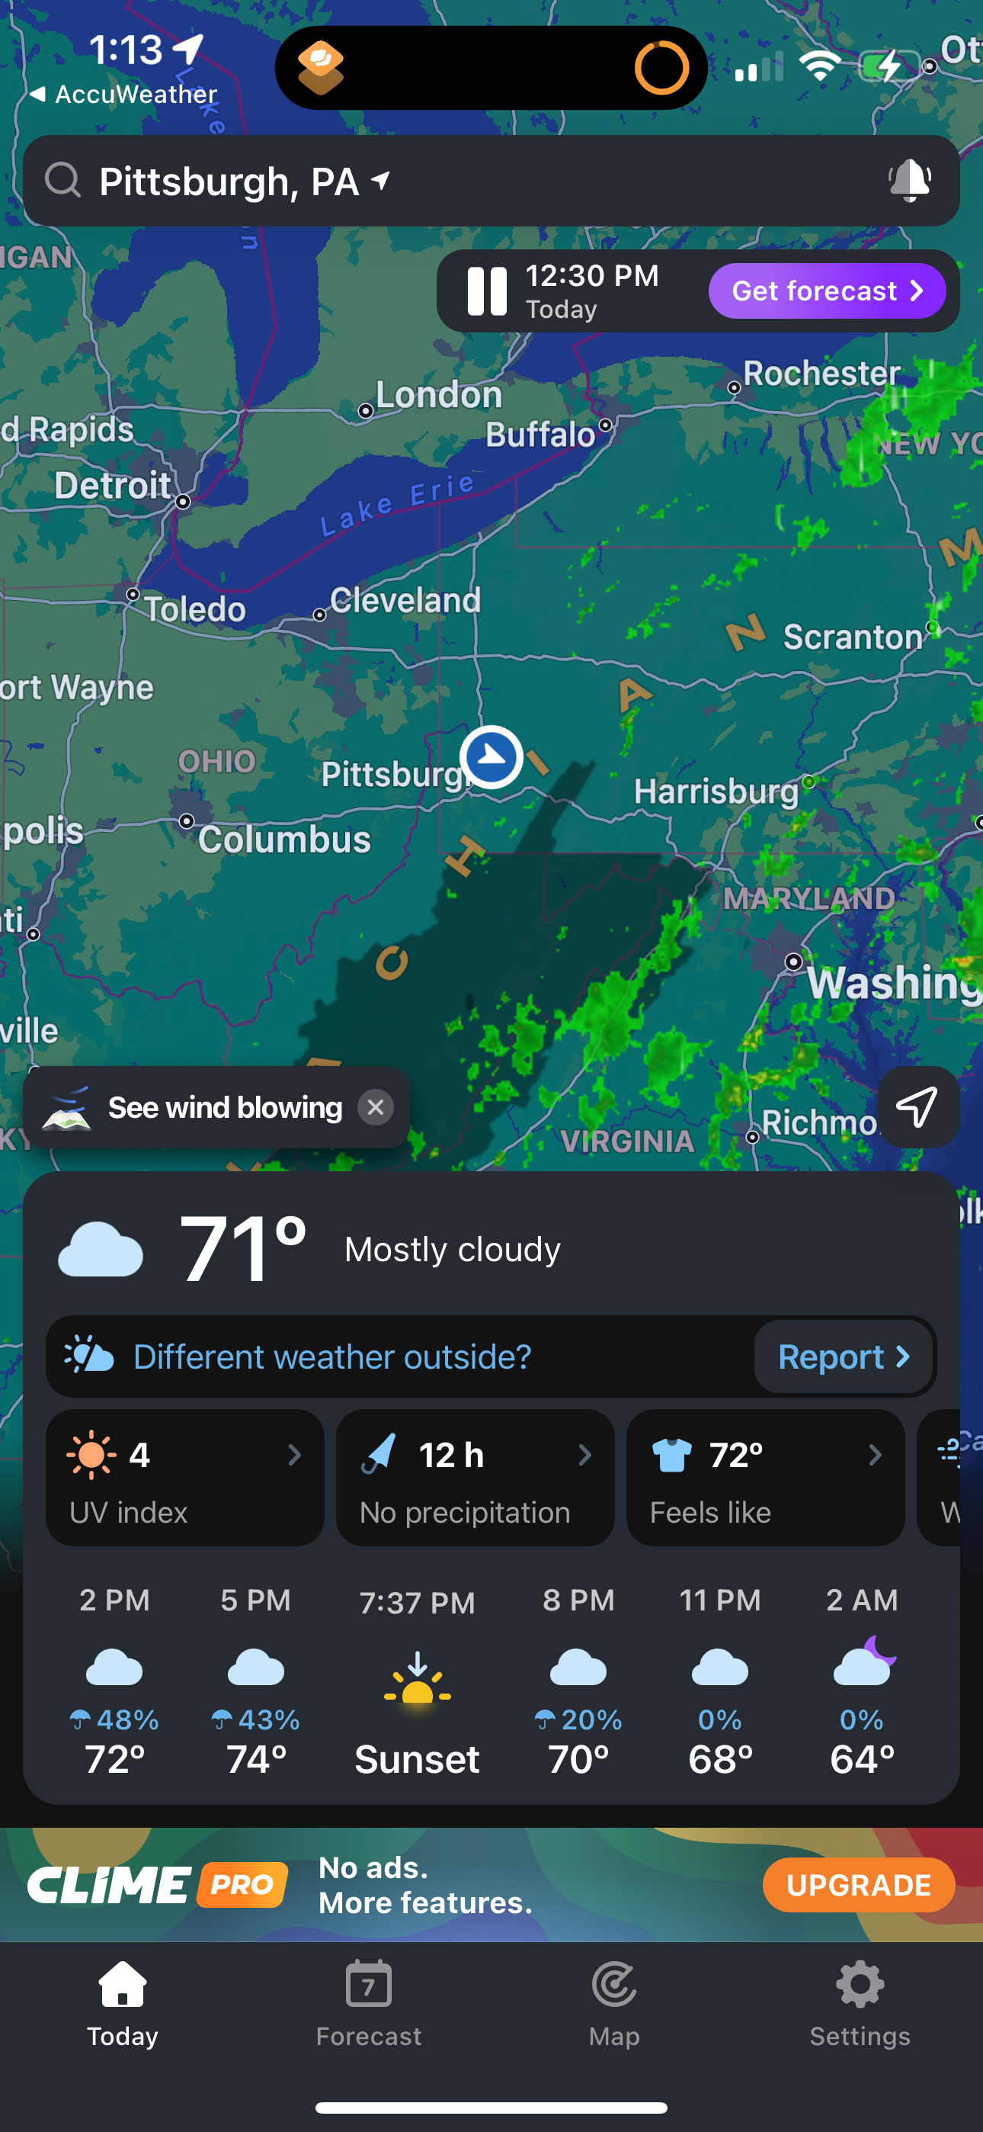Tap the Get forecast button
tap(827, 291)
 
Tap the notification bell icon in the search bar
tap(909, 181)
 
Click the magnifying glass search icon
tap(63, 180)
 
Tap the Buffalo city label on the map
tap(540, 435)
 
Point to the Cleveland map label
tap(405, 601)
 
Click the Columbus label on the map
tap(283, 840)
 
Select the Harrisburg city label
tap(716, 792)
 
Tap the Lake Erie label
tap(397, 505)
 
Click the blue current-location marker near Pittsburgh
tap(491, 756)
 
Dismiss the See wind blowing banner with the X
tap(375, 1107)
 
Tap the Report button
tap(843, 1357)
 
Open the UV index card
tap(184, 1479)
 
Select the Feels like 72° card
tap(764, 1479)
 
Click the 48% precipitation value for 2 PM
tap(126, 1719)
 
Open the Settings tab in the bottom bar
tap(860, 2003)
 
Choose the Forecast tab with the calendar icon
tap(368, 2003)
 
